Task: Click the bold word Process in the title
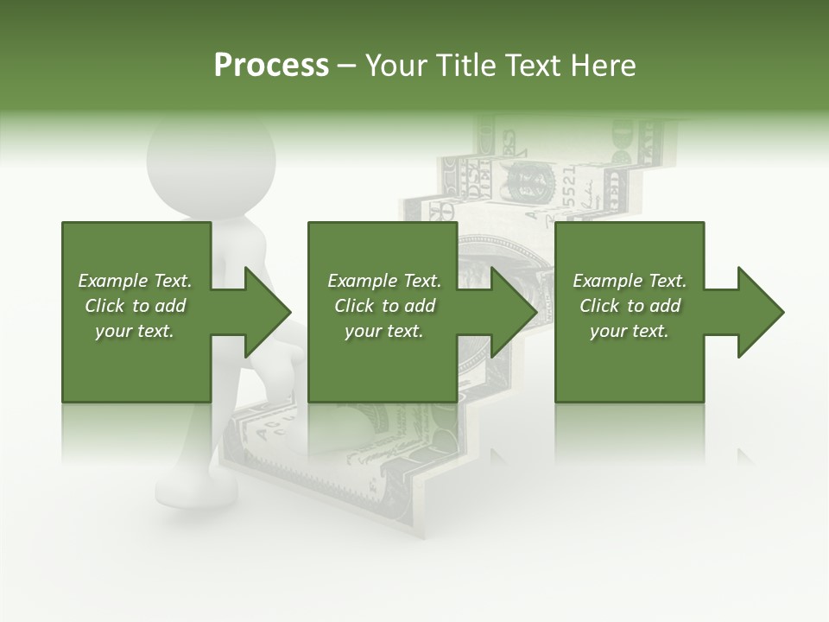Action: tap(271, 66)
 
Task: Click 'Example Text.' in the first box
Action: tap(135, 281)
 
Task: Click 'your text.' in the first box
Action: tap(135, 331)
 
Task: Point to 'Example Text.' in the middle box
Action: tap(384, 281)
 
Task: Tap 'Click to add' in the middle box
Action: tap(384, 306)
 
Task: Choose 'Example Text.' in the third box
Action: tap(630, 281)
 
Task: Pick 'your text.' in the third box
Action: tap(630, 331)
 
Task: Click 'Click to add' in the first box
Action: tap(135, 306)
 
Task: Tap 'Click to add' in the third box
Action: tap(630, 306)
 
